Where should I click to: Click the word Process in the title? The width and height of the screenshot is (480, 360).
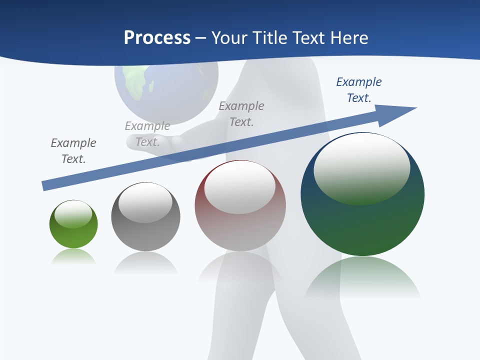(x=157, y=38)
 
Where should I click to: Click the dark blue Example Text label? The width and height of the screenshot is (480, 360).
(x=359, y=90)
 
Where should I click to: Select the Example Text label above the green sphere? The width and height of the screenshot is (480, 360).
(x=73, y=151)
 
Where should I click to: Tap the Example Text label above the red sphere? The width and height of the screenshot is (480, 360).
(x=241, y=113)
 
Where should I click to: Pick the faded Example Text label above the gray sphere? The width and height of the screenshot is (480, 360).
(x=147, y=134)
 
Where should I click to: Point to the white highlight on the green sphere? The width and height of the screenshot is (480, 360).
(x=73, y=213)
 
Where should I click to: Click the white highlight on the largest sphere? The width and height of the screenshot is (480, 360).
(x=361, y=167)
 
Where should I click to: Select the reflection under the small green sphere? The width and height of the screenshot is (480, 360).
(x=73, y=257)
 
